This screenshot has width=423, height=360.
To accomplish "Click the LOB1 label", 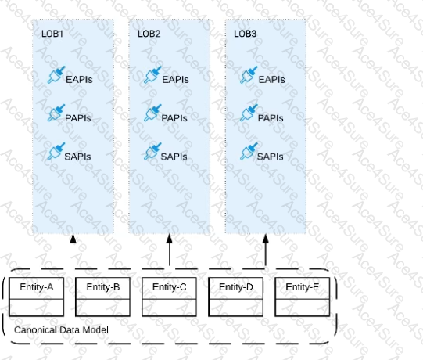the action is tap(52, 34).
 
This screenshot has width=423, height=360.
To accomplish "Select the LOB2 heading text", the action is tap(149, 34).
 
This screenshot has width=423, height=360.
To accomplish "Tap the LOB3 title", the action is tap(246, 34).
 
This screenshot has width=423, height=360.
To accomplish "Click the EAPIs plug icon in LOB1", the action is tap(56, 75).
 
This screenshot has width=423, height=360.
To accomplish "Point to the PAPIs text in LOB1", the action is tap(78, 118).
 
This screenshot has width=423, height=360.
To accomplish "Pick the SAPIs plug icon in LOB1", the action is tap(56, 152).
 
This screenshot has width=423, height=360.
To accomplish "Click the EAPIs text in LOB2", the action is tap(175, 80).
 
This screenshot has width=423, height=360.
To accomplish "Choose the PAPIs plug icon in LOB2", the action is tap(152, 113).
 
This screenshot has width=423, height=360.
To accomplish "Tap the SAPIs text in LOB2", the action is tap(174, 157).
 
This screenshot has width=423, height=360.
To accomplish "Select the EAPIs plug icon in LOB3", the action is tap(249, 75).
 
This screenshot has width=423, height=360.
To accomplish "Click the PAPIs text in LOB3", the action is tap(271, 118).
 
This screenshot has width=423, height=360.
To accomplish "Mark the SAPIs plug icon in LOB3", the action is tap(249, 152).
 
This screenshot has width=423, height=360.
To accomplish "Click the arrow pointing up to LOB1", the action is tap(73, 250).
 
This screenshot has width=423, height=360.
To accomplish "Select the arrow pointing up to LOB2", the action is tap(170, 250).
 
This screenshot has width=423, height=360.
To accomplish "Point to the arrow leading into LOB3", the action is tap(266, 250).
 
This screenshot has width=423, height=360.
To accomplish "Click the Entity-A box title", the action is tap(37, 287).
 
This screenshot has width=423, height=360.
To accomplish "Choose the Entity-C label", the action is tap(170, 287).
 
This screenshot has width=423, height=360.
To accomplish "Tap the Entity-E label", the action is tap(303, 287).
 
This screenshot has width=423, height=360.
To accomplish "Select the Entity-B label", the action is tap(103, 287).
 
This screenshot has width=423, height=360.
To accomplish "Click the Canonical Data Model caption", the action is tap(61, 330).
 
